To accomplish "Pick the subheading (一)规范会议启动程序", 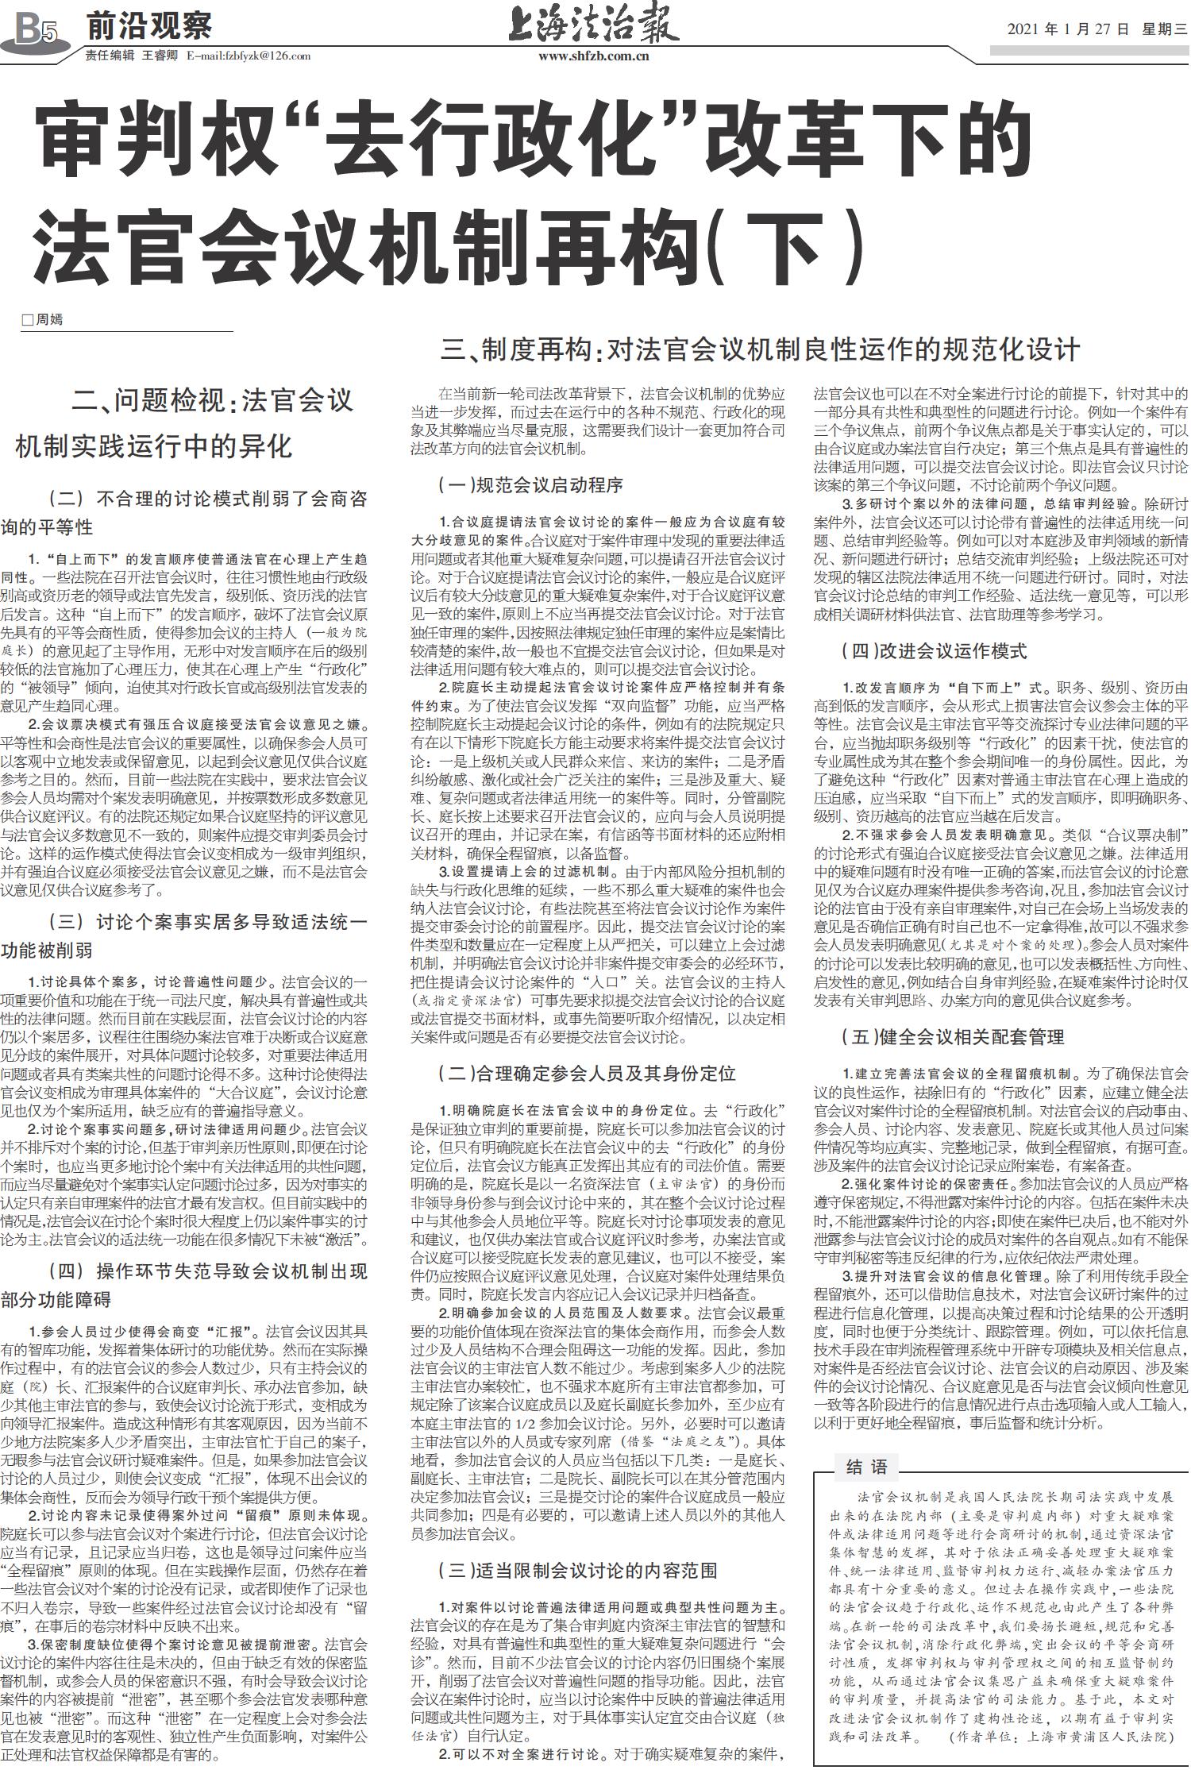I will (x=530, y=484).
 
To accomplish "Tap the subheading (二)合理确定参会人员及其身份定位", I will (x=587, y=1074).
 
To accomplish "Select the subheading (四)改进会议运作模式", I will (x=934, y=652).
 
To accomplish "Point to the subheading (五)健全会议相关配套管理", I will (x=953, y=1037).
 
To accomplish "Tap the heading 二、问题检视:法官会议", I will (x=213, y=400).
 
